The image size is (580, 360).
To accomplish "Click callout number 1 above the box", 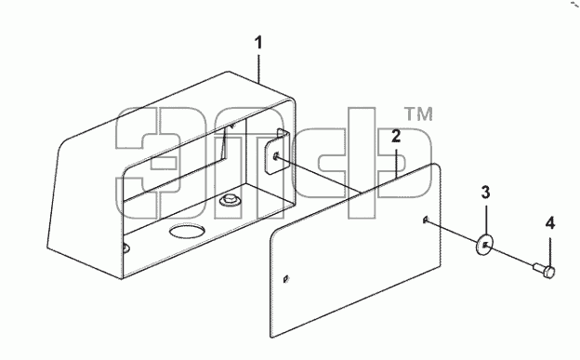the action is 258,43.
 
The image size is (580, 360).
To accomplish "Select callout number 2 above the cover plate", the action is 396,136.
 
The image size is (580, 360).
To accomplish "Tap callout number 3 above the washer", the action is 485,193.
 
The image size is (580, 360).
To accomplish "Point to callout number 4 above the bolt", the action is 550,223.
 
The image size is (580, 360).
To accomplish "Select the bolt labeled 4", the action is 545,270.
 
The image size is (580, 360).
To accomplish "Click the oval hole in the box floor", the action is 187,231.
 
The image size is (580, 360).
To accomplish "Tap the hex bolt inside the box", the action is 230,200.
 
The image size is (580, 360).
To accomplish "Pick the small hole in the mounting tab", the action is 275,156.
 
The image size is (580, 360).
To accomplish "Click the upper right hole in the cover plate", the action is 426,220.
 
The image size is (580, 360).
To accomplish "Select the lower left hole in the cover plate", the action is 285,279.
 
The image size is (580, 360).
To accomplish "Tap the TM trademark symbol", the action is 418,114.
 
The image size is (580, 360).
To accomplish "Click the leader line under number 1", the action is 258,68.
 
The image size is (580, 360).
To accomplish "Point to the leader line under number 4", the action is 550,252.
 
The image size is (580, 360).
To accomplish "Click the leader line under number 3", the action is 485,220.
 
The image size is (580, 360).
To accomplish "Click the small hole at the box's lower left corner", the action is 126,247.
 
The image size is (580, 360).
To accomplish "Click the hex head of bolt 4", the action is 550,273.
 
